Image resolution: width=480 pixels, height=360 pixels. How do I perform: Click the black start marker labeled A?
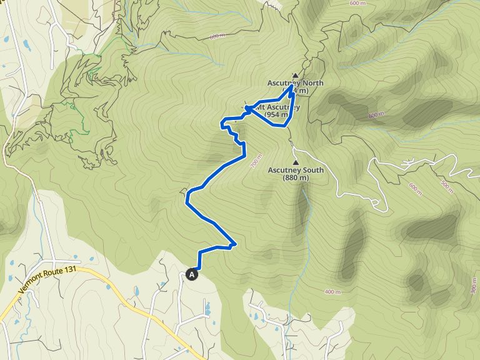click(191, 274)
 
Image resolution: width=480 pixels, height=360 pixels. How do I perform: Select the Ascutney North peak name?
click(296, 83)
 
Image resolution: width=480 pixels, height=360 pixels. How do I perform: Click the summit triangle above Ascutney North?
click(296, 76)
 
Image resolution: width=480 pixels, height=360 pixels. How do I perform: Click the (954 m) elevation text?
click(276, 114)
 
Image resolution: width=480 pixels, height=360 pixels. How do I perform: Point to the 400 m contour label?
click(333, 292)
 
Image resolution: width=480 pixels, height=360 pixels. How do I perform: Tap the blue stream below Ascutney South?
click(306, 212)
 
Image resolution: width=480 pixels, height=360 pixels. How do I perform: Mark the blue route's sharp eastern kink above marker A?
click(236, 244)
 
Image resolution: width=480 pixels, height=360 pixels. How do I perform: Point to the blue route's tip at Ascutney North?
click(292, 86)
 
